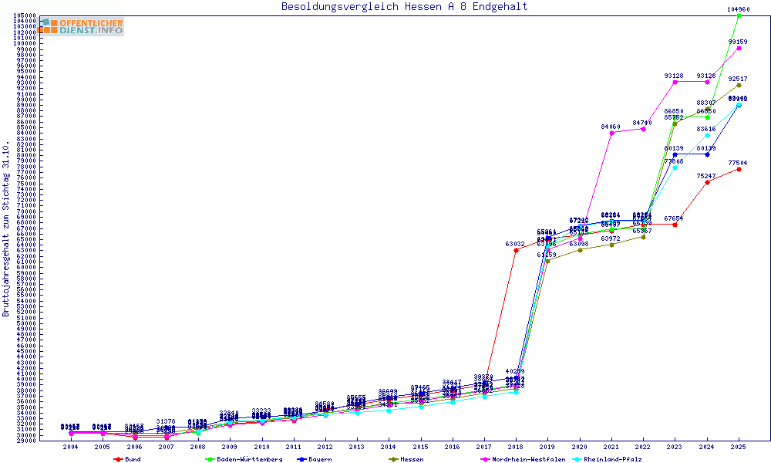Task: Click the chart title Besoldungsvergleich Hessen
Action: (x=405, y=7)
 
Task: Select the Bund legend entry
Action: (x=132, y=459)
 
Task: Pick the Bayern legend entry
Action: (x=318, y=459)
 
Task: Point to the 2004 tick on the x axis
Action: (x=71, y=447)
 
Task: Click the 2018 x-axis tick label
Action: (x=516, y=447)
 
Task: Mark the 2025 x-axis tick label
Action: (x=739, y=447)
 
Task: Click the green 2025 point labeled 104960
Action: (x=739, y=15)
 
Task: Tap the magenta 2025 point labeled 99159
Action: (x=739, y=48)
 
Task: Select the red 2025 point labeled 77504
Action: (x=739, y=169)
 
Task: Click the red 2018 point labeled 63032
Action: (x=516, y=250)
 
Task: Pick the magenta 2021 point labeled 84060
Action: (x=611, y=133)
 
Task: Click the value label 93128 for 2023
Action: (x=674, y=76)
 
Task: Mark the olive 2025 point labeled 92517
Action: (x=739, y=85)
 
